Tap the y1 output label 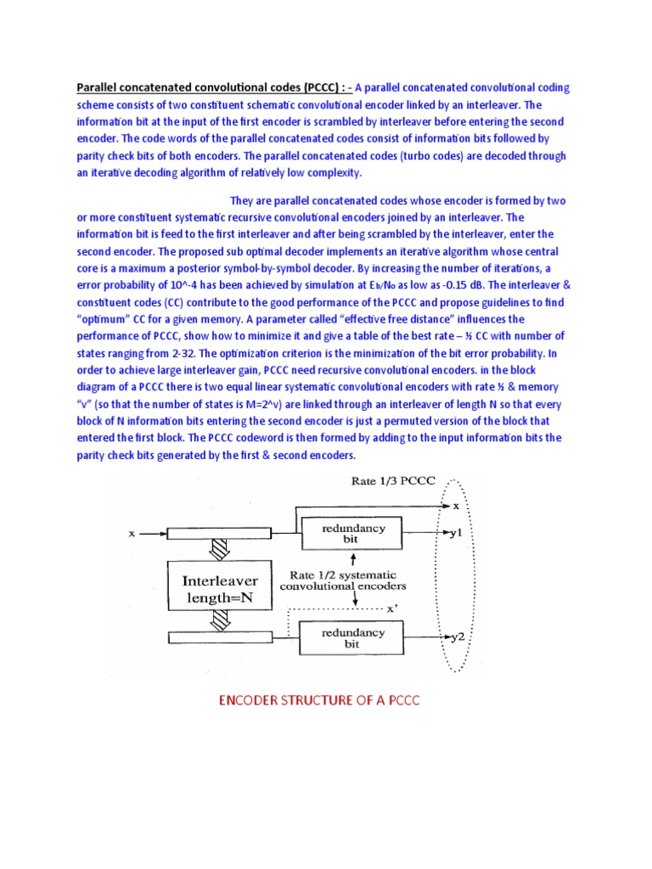coord(456,535)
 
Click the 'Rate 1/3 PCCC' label coord(393,482)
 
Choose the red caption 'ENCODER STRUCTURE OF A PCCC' coord(320,700)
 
